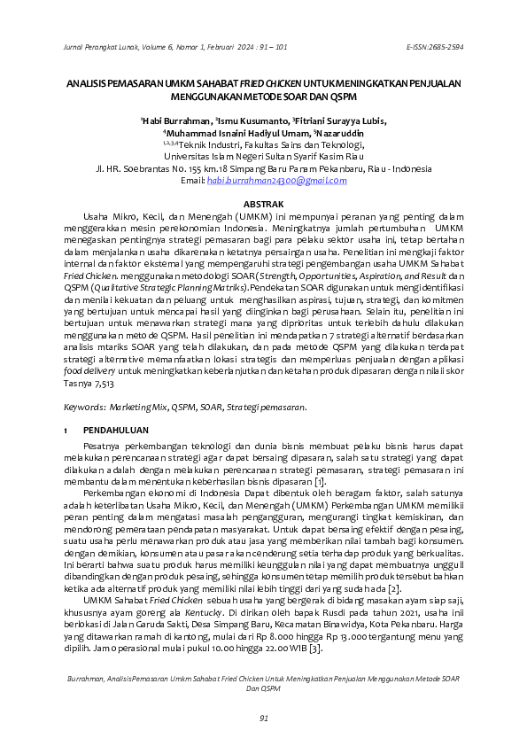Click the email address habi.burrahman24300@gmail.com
point(276,181)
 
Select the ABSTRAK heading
point(263,205)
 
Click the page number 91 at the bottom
point(263,717)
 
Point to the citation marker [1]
point(320,481)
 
